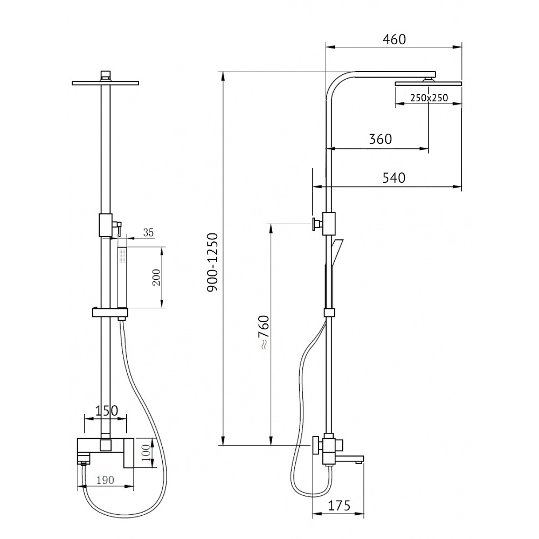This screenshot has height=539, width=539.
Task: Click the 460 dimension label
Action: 393,39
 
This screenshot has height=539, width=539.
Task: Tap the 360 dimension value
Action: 380,139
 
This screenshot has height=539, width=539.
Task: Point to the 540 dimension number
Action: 393,178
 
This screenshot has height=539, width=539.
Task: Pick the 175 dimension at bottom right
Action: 339,506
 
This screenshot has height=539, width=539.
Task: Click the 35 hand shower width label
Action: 148,233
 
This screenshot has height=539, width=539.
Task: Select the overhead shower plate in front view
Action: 105,82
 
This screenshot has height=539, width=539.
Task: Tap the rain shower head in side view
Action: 429,84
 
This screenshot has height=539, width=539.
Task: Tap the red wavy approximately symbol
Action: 263,347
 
